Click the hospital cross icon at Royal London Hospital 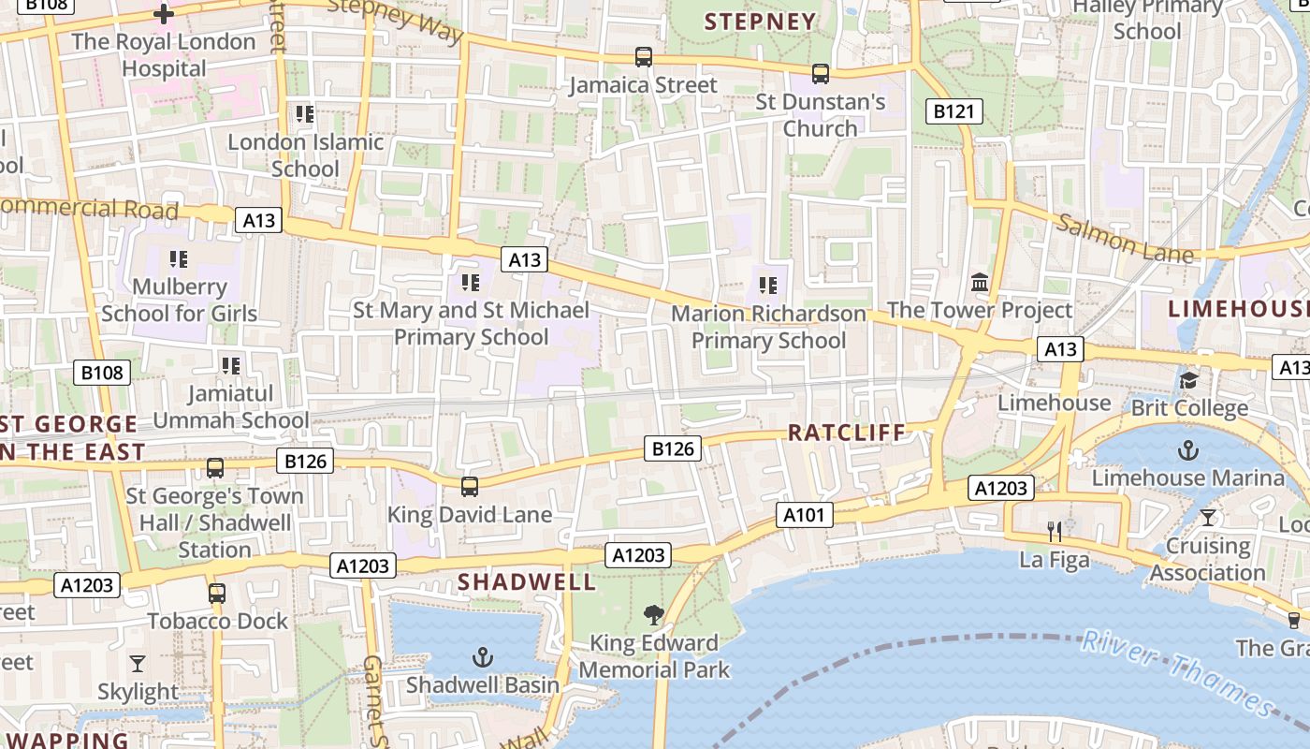click(x=164, y=14)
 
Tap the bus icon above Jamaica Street click(x=644, y=57)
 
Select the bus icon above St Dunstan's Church click(x=821, y=73)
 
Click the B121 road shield click(x=954, y=111)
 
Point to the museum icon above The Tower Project click(x=980, y=282)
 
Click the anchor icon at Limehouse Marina click(x=1187, y=450)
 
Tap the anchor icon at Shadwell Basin click(x=483, y=657)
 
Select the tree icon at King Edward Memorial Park click(x=654, y=615)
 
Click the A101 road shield click(x=804, y=514)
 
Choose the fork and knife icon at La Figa click(x=1055, y=532)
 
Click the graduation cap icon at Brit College click(x=1188, y=380)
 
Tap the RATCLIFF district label click(x=847, y=433)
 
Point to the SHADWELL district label click(x=526, y=581)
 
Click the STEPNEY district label click(x=760, y=22)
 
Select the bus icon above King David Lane click(x=470, y=487)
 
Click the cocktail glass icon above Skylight click(x=138, y=664)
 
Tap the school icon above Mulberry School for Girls click(x=179, y=258)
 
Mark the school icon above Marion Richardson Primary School click(x=768, y=285)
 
